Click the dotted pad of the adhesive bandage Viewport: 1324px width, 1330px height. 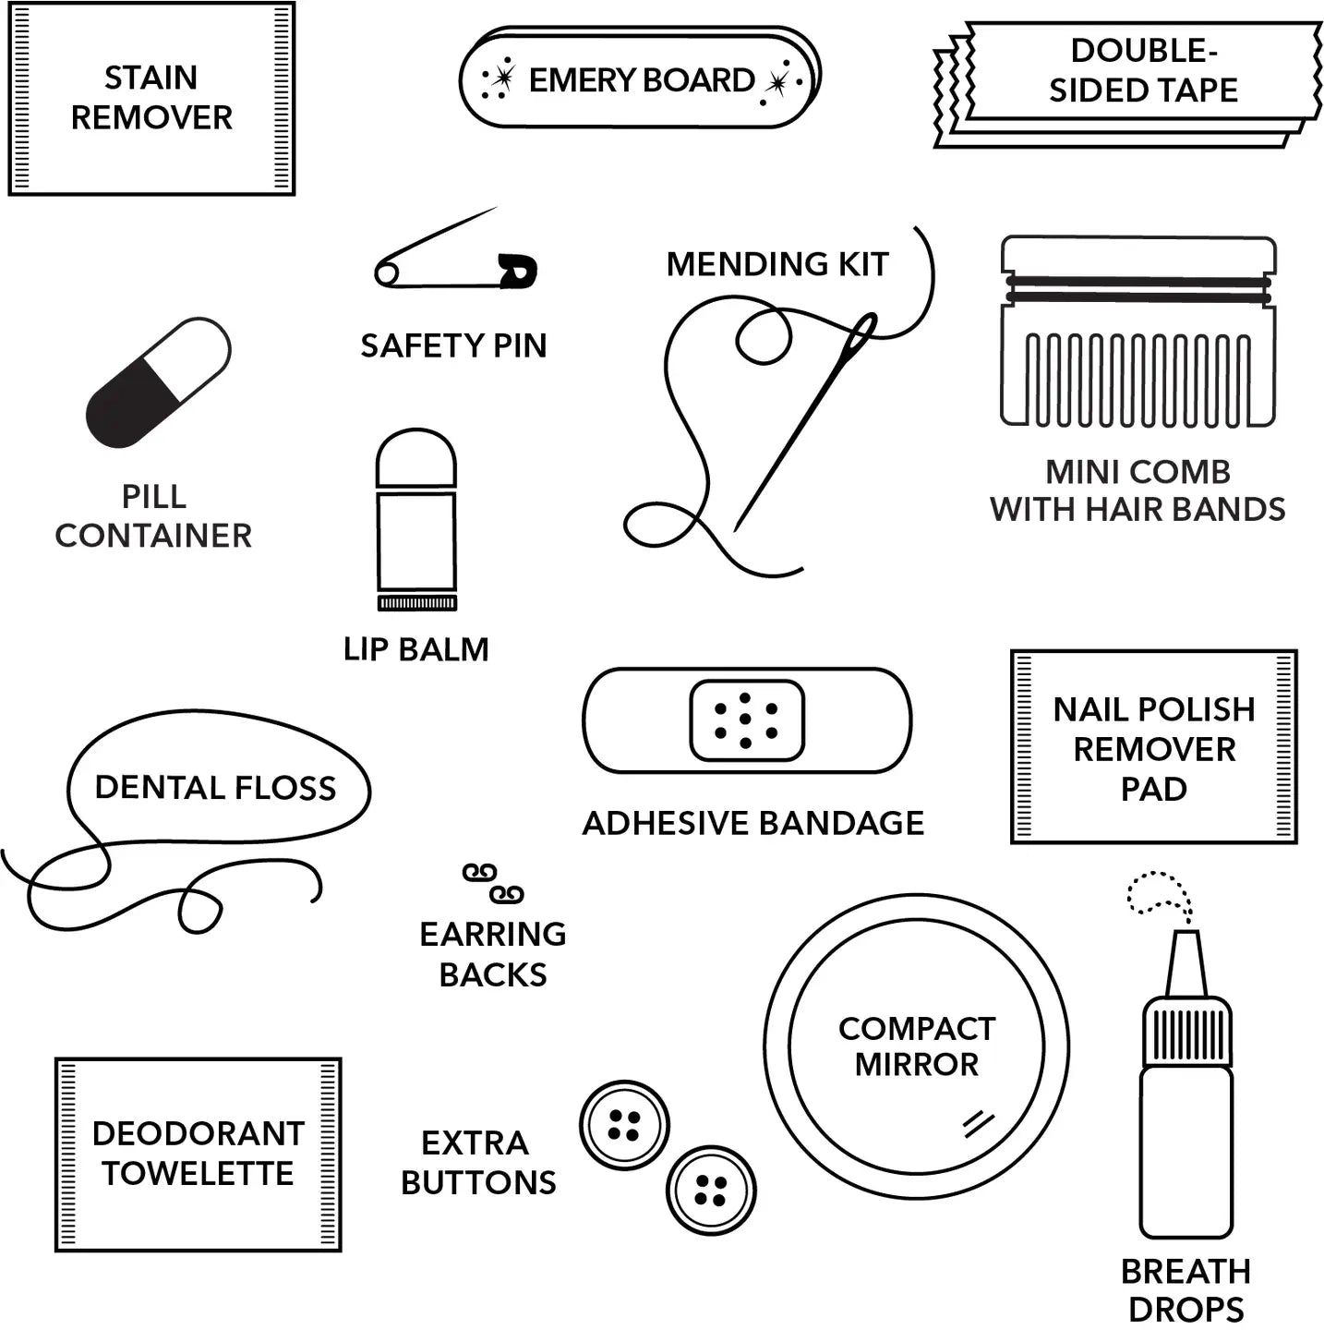click(x=747, y=720)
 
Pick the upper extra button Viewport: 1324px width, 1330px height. click(x=624, y=1125)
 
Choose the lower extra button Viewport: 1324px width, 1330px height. click(x=711, y=1190)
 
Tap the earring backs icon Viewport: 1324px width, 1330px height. click(x=493, y=883)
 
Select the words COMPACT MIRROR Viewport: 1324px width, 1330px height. click(x=917, y=1046)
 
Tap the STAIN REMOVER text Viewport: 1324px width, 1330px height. click(x=151, y=98)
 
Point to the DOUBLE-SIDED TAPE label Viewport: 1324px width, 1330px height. click(x=1143, y=70)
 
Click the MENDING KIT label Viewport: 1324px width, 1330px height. click(x=777, y=264)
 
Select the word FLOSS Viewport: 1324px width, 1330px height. click(x=285, y=788)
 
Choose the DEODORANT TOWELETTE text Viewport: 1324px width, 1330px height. click(x=198, y=1154)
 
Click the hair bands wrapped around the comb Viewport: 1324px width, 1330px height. click(x=1138, y=289)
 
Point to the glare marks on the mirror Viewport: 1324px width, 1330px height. click(x=979, y=1122)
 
